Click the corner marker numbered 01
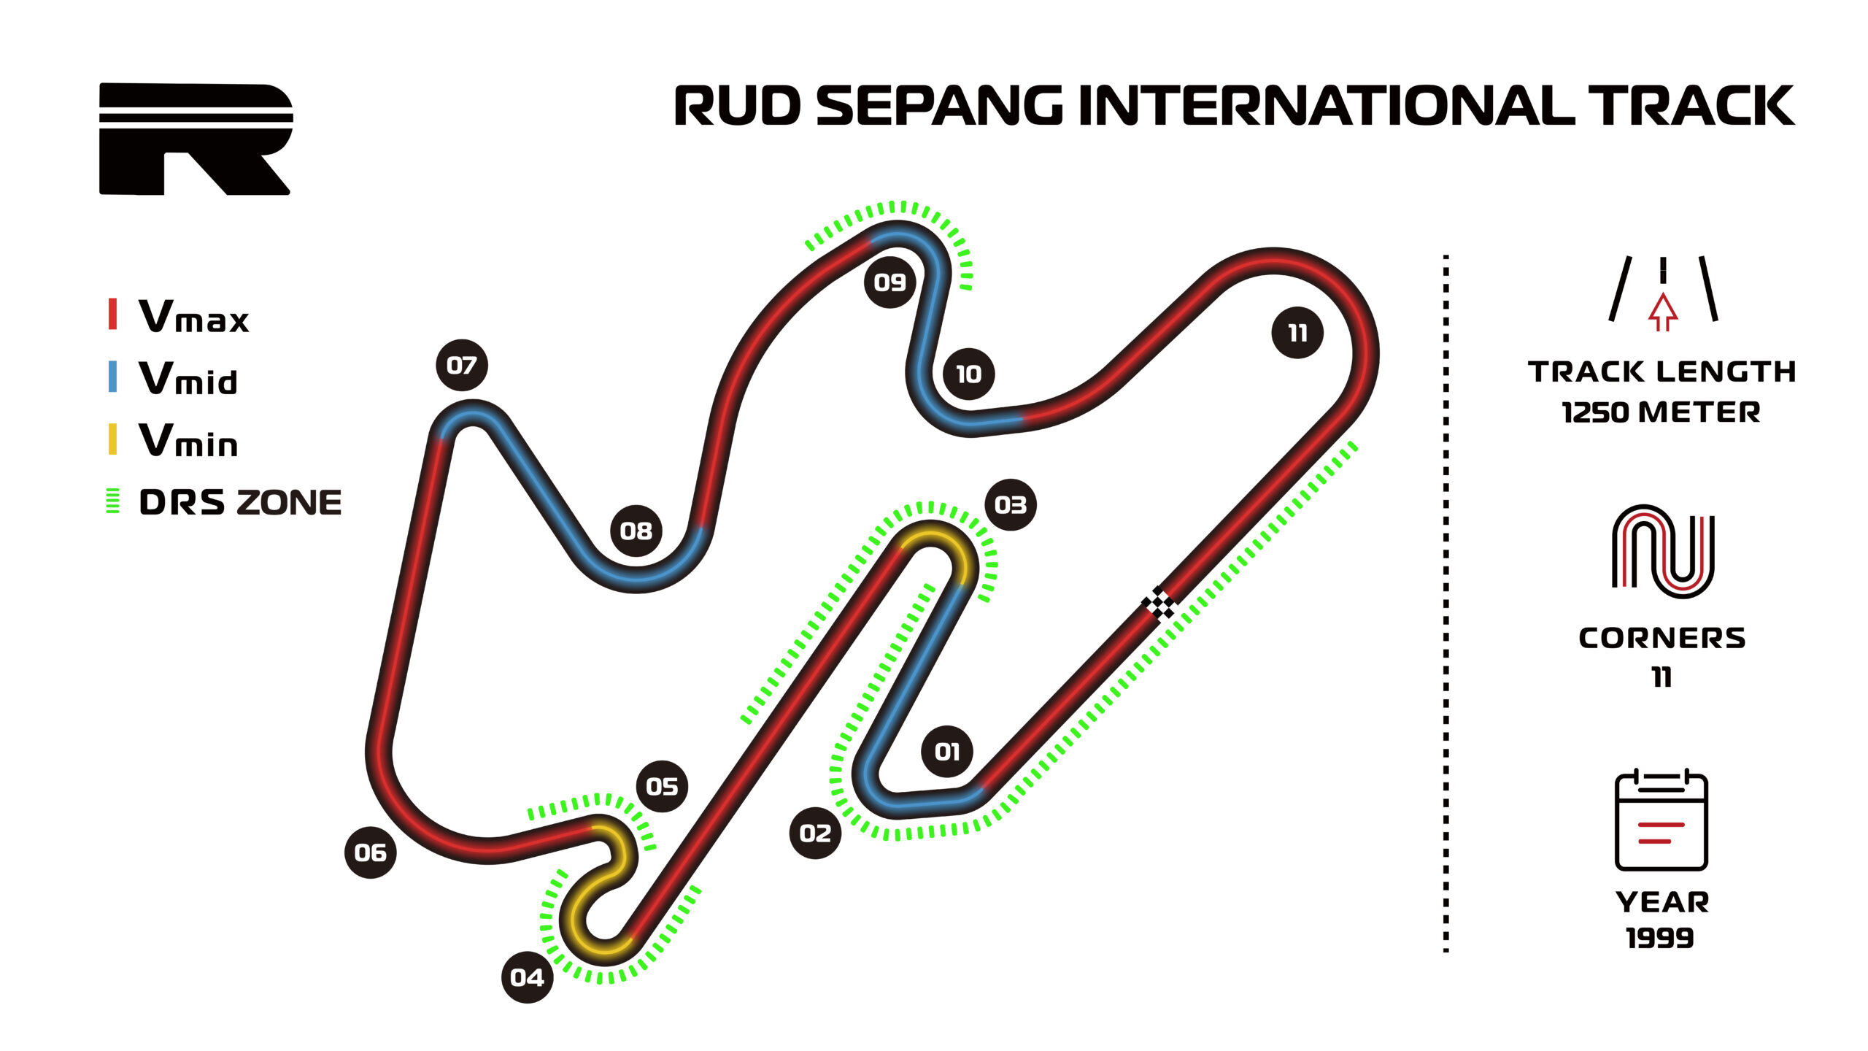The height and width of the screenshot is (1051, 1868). [946, 751]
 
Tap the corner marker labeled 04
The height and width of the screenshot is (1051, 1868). [527, 977]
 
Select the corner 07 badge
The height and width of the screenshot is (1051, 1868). [461, 365]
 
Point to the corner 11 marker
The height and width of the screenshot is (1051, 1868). [1297, 333]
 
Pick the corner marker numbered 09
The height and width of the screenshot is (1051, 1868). [889, 282]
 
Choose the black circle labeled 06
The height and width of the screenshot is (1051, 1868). [370, 852]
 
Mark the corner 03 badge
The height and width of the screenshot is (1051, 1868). [1010, 504]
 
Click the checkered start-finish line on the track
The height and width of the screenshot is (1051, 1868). [1158, 604]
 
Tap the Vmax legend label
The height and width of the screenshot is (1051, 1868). [193, 317]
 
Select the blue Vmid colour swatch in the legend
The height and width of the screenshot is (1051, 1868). [112, 377]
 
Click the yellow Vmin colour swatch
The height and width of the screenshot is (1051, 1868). [112, 439]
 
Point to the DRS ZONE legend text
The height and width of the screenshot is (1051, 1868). [240, 502]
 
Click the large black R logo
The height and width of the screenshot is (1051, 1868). [196, 139]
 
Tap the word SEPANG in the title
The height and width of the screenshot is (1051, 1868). [939, 106]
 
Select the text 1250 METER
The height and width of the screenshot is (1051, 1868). [1661, 412]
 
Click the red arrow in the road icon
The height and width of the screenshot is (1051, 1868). [1662, 312]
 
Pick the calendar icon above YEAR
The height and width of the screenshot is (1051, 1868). [1661, 820]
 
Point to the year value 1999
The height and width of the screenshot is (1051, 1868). [1660, 938]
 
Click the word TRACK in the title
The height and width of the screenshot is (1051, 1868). [1691, 106]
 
